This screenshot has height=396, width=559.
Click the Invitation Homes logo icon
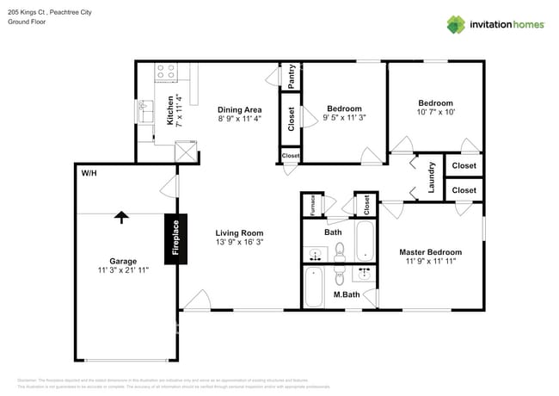[x=456, y=23]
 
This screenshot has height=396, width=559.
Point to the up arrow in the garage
[x=122, y=218]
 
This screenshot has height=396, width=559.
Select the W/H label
[x=89, y=173]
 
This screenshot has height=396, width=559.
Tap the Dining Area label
[x=239, y=109]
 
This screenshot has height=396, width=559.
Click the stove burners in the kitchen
[x=165, y=72]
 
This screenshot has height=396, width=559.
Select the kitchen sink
[x=146, y=112]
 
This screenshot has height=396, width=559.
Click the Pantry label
[x=292, y=76]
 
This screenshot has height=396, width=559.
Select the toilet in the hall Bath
[x=340, y=251]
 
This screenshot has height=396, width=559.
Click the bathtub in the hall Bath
[x=366, y=242]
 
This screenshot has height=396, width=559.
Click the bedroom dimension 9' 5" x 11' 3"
[x=344, y=119]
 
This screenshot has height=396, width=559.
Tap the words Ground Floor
[x=27, y=22]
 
